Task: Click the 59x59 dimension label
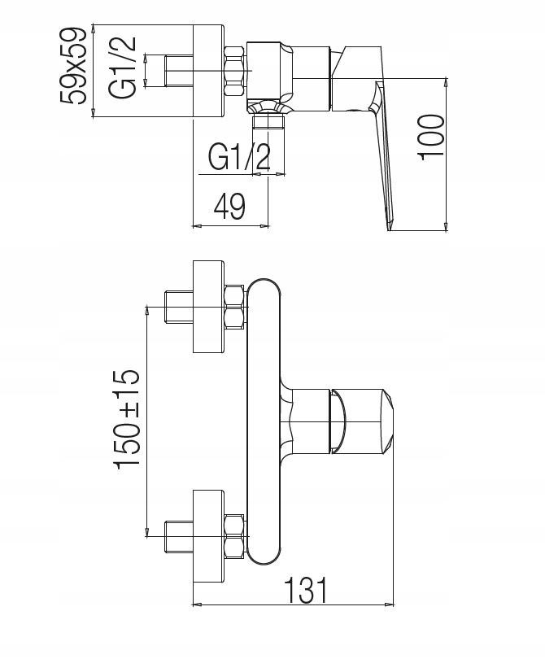pos(73,66)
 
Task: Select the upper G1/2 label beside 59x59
pos(123,68)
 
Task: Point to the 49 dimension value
pos(229,207)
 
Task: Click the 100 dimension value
pos(430,137)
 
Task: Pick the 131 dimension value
pos(306,590)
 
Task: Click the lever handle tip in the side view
pos(390,227)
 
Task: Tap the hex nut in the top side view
pos(235,71)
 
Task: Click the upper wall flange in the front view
pos(208,307)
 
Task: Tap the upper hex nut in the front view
pos(235,308)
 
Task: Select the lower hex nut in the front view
pos(235,536)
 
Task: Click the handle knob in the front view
pos(362,421)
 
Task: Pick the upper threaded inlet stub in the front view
pos(179,307)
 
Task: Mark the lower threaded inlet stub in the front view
pos(179,536)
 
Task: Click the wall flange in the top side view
pos(208,71)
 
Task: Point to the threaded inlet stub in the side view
pos(179,71)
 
